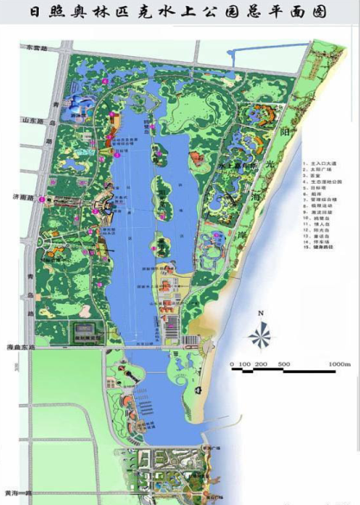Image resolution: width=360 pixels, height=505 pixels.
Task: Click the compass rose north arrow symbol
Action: (260, 335)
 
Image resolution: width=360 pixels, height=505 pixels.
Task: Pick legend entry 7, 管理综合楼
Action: (324, 200)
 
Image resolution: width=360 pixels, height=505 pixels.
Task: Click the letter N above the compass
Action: (260, 313)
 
